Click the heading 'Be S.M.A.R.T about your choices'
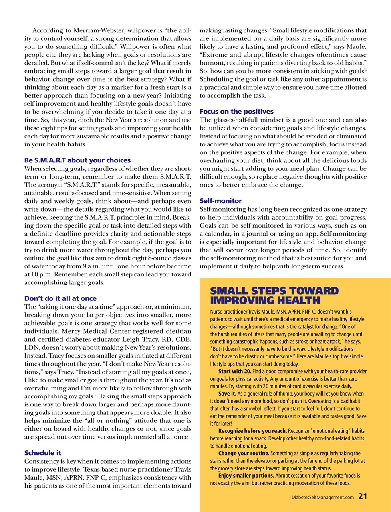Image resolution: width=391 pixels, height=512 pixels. pos(77,160)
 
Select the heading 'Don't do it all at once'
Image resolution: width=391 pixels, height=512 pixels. pos(60,298)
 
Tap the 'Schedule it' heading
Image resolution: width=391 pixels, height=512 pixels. pos(43,453)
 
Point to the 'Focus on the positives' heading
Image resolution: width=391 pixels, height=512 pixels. pos(236,112)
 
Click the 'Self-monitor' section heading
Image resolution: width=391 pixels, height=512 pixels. pos(220,201)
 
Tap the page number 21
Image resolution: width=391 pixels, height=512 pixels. pos(363,496)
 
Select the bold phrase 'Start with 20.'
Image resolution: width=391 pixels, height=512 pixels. pos(234,372)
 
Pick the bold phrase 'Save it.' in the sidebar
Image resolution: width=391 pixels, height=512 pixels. pos(227,394)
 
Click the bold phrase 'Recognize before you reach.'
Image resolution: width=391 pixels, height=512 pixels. pos(252,431)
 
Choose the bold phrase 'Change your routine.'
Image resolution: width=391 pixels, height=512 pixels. pos(244,453)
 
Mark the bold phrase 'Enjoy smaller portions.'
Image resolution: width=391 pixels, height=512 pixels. pos(246,476)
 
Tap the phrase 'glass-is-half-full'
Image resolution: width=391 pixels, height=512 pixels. pos(238,120)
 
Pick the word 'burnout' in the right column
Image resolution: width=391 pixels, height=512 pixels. pos(211,63)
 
